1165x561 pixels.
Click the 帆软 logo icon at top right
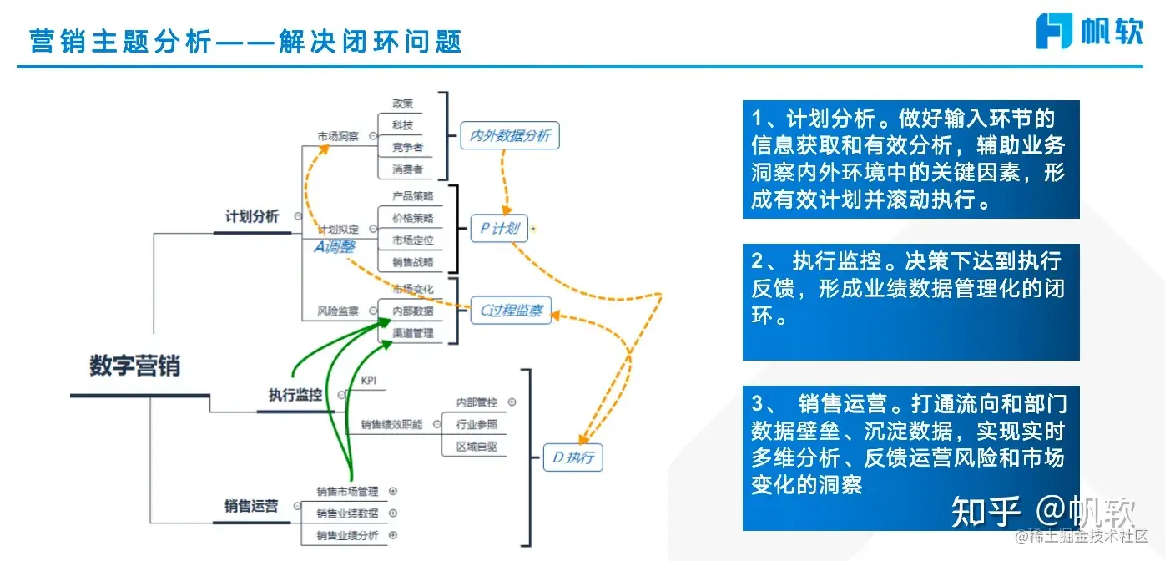[x=1054, y=30]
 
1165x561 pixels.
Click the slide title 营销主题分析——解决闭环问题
[x=245, y=41]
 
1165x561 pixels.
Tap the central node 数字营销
[x=135, y=366]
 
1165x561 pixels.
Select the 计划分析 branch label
[x=252, y=216]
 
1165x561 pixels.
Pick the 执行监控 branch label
[x=295, y=395]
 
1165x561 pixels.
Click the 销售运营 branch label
[x=251, y=506]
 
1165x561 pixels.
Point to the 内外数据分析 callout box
[x=510, y=135]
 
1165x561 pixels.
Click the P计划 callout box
[x=499, y=228]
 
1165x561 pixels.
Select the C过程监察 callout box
[x=511, y=311]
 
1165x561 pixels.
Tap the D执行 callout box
[x=572, y=457]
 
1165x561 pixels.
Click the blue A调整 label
[x=335, y=247]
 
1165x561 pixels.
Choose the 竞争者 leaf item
[x=407, y=148]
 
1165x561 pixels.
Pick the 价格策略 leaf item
[x=413, y=218]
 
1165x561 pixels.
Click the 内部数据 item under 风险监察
[x=413, y=311]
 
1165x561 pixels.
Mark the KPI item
[x=369, y=380]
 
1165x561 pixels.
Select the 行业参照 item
[x=477, y=424]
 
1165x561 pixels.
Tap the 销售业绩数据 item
[x=347, y=513]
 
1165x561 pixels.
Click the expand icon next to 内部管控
[x=512, y=402]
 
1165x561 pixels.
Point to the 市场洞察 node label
[x=337, y=136]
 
